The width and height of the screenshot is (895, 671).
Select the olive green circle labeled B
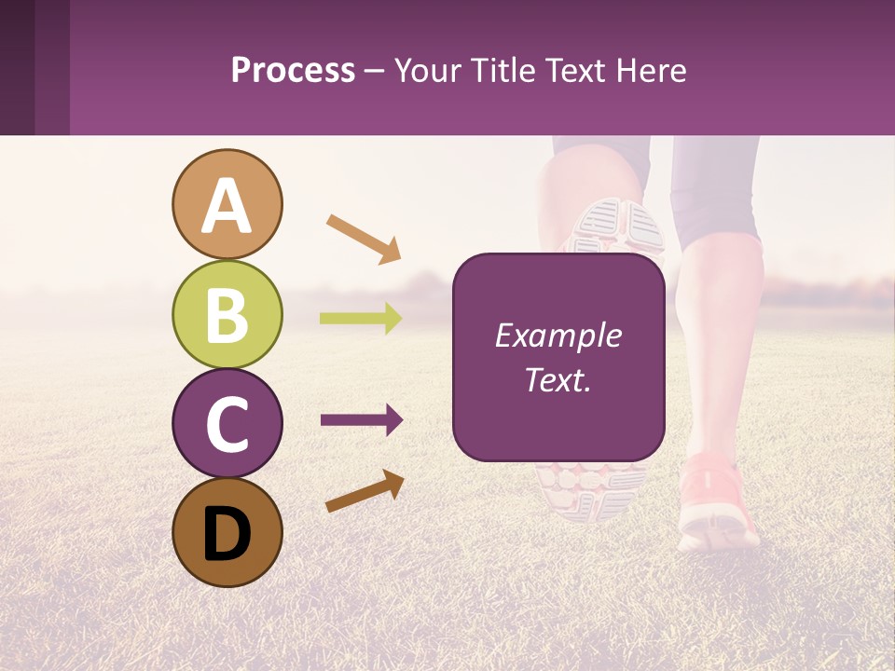pyautogui.click(x=227, y=315)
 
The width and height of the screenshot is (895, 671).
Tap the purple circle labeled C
pyautogui.click(x=227, y=424)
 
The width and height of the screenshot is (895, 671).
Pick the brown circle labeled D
pyautogui.click(x=227, y=533)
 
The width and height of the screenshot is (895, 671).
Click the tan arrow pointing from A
pyautogui.click(x=364, y=238)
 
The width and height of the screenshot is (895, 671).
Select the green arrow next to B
pyautogui.click(x=361, y=319)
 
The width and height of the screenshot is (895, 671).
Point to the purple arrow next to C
pyautogui.click(x=361, y=420)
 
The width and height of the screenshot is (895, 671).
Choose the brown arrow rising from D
pyautogui.click(x=365, y=491)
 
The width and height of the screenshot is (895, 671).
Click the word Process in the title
pyautogui.click(x=293, y=71)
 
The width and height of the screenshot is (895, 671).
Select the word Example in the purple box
pyautogui.click(x=558, y=335)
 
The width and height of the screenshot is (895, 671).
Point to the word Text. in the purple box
pyautogui.click(x=558, y=380)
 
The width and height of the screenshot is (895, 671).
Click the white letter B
pyautogui.click(x=227, y=315)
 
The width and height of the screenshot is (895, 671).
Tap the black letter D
pyautogui.click(x=227, y=534)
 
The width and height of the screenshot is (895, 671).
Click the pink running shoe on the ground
pyautogui.click(x=716, y=503)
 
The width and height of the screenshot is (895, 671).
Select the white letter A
pyautogui.click(x=227, y=205)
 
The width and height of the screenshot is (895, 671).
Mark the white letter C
pyautogui.click(x=227, y=424)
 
